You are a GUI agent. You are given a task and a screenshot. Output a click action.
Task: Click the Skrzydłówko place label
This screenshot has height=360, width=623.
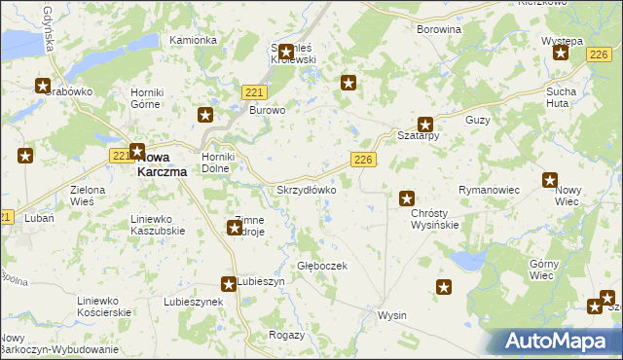(307, 190)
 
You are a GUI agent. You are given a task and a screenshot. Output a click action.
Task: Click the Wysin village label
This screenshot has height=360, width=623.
(392, 316)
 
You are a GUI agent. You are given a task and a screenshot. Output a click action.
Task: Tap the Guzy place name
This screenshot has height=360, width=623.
(477, 120)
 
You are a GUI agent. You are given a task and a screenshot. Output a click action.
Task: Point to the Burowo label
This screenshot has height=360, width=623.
(268, 111)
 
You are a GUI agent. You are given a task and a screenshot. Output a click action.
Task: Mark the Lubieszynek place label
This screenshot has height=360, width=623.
(194, 302)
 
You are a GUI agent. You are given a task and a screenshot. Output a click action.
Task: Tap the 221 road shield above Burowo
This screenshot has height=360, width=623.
(254, 91)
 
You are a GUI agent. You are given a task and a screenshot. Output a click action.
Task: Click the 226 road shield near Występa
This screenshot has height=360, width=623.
(599, 58)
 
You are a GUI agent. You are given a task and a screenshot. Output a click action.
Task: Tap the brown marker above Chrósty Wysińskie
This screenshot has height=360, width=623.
(407, 198)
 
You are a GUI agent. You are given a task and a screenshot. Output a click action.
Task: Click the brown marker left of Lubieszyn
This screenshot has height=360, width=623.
(228, 284)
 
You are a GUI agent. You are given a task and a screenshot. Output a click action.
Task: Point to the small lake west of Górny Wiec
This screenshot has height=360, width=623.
(468, 262)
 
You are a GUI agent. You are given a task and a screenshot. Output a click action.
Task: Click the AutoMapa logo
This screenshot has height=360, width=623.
(559, 341)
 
